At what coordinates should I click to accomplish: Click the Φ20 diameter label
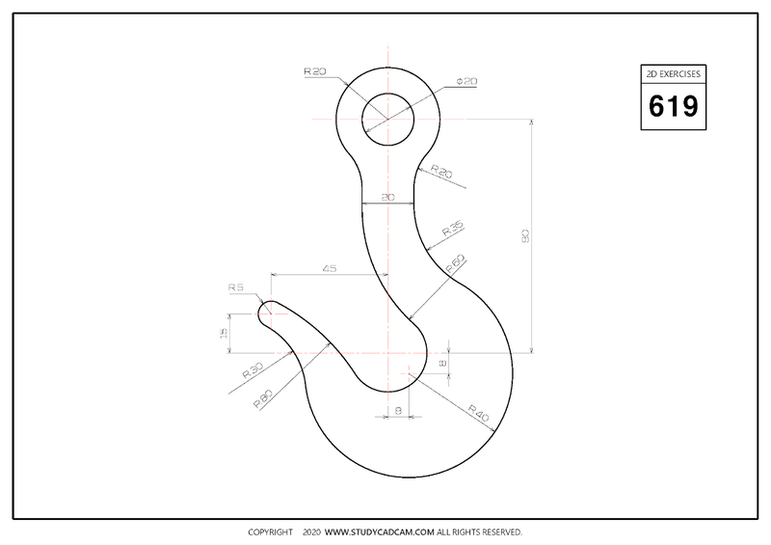[x=466, y=82]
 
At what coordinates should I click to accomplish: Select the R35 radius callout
[x=452, y=229]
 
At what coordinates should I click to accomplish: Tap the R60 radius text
[x=455, y=261]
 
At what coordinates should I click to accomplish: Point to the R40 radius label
[x=479, y=415]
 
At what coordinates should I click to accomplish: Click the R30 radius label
[x=253, y=368]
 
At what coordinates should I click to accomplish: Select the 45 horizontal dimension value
[x=329, y=270]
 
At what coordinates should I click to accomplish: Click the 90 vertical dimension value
[x=525, y=236]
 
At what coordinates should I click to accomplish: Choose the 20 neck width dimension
[x=387, y=198]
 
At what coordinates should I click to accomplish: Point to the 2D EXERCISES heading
[x=673, y=73]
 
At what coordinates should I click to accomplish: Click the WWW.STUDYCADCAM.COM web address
[x=380, y=532]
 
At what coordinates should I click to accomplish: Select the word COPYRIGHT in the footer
[x=270, y=532]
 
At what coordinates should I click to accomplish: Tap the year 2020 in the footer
[x=310, y=532]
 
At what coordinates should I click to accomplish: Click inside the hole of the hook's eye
[x=387, y=121]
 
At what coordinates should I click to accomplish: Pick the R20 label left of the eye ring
[x=315, y=71]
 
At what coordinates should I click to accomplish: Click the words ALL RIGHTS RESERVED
[x=480, y=532]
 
